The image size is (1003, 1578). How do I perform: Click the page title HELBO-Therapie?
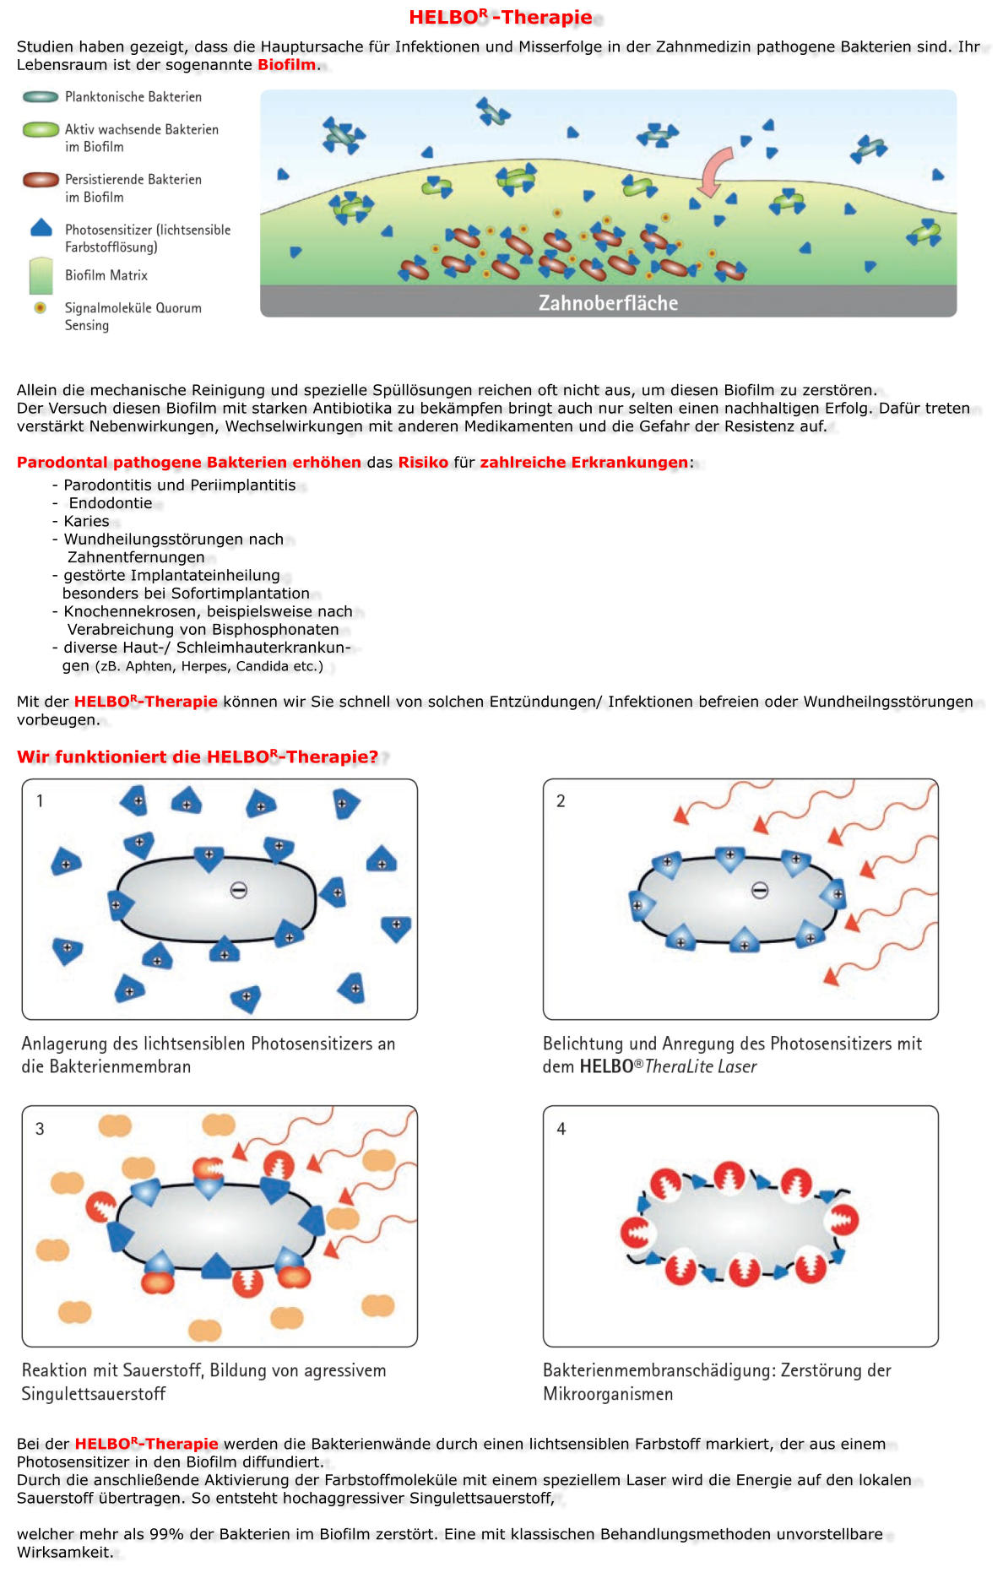click(x=500, y=17)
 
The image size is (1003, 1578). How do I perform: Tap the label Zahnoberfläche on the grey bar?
click(x=608, y=302)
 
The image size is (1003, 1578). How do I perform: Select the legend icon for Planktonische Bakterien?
click(x=41, y=97)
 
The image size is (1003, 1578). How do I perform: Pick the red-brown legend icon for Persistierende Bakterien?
click(x=41, y=180)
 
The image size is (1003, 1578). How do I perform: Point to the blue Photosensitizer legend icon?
click(x=41, y=228)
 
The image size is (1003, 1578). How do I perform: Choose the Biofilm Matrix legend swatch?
click(x=41, y=275)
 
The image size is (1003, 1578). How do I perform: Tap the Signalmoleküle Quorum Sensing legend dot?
click(x=40, y=308)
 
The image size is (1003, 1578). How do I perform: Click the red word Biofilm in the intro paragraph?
click(x=286, y=65)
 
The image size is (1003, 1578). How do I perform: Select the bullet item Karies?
click(x=86, y=521)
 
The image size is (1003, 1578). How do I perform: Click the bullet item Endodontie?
click(x=111, y=503)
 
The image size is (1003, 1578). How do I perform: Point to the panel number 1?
click(x=40, y=800)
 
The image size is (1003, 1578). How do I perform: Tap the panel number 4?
click(x=561, y=1129)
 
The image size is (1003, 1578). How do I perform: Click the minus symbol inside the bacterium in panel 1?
click(x=239, y=890)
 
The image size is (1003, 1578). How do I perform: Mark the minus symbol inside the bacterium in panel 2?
click(x=760, y=890)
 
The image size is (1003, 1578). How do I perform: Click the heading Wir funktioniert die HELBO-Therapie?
click(x=198, y=756)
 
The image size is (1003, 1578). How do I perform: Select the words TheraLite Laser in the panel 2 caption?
click(x=701, y=1066)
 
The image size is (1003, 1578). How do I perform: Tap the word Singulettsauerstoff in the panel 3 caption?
click(x=94, y=1394)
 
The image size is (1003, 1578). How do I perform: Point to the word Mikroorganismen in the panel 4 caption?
click(x=608, y=1394)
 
